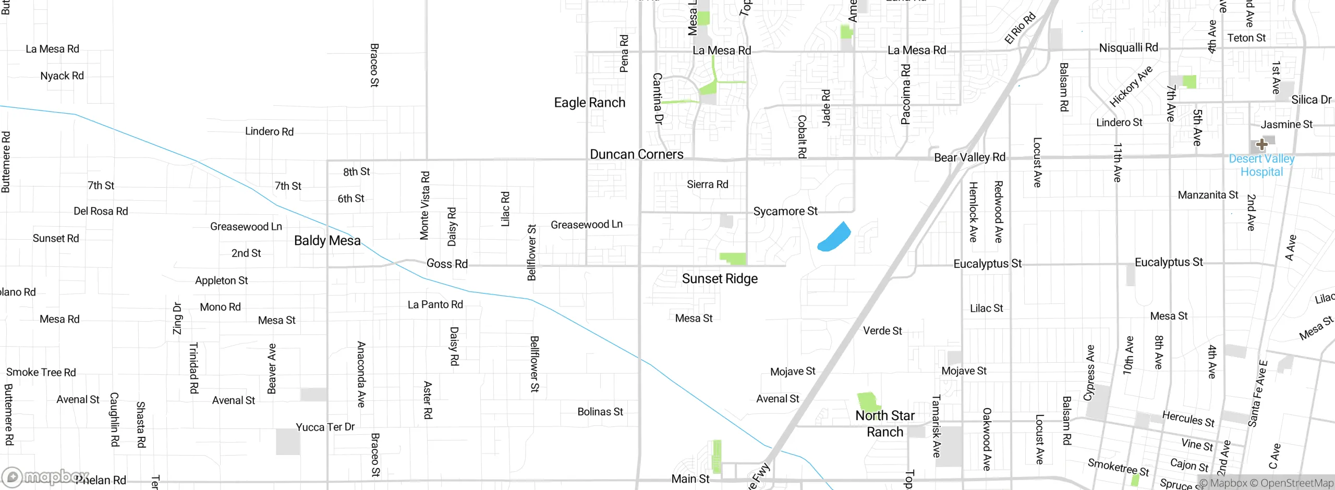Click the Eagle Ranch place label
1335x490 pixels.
click(x=589, y=103)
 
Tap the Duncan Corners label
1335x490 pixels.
click(x=636, y=154)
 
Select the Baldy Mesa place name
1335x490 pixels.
click(x=327, y=240)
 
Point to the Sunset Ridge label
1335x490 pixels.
click(x=720, y=279)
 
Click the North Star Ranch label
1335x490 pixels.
click(x=885, y=424)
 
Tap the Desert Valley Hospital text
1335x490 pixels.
click(x=1261, y=165)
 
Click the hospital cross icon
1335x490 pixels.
click(x=1262, y=144)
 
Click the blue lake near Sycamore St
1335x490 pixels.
click(x=834, y=238)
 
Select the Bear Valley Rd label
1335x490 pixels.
click(x=969, y=157)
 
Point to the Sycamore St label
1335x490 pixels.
click(x=785, y=211)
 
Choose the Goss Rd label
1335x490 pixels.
click(x=447, y=264)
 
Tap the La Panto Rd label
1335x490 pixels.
click(x=435, y=304)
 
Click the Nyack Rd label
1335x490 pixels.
click(x=62, y=76)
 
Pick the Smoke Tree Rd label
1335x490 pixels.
click(x=41, y=372)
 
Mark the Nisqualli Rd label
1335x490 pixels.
click(x=1128, y=48)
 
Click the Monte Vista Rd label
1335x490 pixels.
click(x=425, y=205)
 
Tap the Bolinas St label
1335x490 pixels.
click(x=600, y=412)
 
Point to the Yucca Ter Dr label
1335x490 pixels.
click(x=325, y=427)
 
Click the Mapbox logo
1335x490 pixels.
click(x=44, y=476)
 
